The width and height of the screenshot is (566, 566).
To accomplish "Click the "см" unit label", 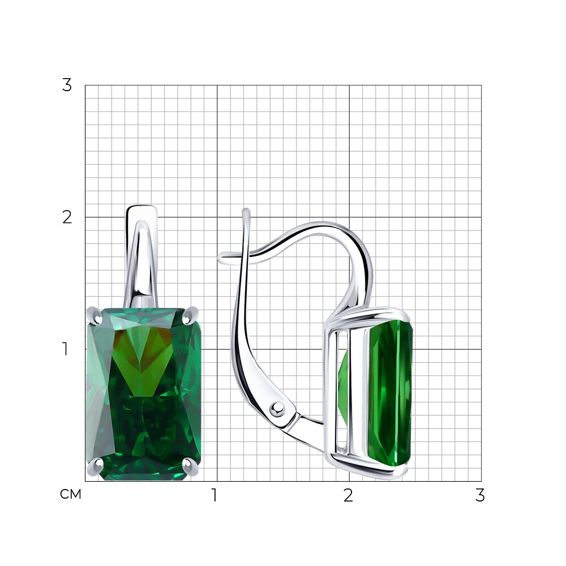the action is point(70,494).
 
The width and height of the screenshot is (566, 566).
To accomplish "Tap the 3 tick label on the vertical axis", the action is point(67,85).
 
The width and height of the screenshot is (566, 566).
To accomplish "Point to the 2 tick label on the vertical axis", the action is point(67,217).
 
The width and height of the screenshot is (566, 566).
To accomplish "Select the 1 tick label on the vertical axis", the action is point(65,349).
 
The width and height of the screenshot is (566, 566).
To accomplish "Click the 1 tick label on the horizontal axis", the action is point(215,495).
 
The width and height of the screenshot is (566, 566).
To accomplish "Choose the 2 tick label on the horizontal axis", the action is point(348,495).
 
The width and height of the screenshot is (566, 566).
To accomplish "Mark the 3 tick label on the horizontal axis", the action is point(480,495).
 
